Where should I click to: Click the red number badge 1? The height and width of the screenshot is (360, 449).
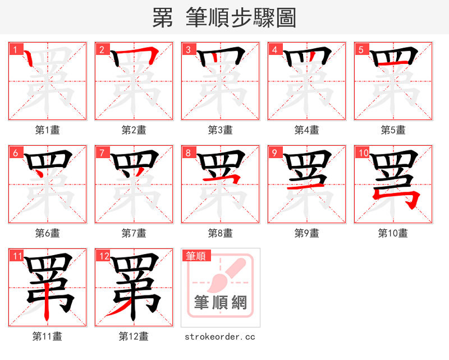tap(15, 49)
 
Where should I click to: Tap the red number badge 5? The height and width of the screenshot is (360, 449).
tap(361, 49)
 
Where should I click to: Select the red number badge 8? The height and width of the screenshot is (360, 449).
tap(188, 153)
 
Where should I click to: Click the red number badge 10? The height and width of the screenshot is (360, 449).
tap(363, 153)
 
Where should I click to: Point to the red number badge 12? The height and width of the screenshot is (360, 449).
tap(103, 256)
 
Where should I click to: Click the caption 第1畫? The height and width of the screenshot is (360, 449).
tap(48, 130)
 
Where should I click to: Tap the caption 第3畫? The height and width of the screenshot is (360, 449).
tap(221, 130)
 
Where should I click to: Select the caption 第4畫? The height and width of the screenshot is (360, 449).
tap(307, 130)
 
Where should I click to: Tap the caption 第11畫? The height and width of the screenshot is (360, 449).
tap(48, 336)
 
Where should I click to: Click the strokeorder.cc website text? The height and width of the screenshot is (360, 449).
tap(221, 336)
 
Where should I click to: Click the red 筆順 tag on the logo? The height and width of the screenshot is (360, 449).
tap(196, 256)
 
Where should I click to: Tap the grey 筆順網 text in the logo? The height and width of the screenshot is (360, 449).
tap(221, 303)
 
